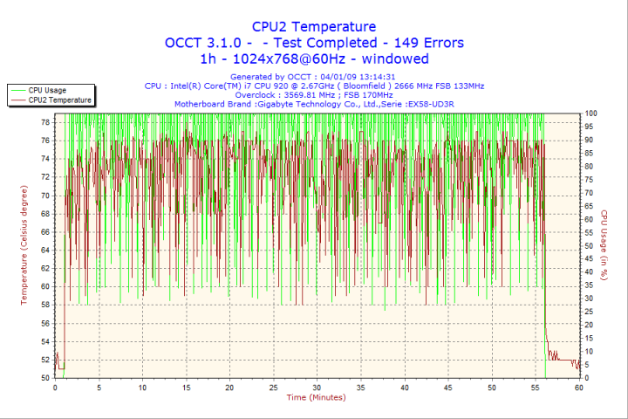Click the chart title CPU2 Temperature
(314, 27)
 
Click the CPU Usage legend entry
(47, 90)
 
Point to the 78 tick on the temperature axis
(44, 122)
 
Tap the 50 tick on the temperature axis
(44, 378)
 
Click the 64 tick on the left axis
(44, 250)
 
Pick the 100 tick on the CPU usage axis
(590, 113)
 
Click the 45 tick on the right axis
(590, 259)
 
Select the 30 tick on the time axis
(317, 388)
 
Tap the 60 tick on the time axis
(579, 388)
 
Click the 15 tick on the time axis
(186, 388)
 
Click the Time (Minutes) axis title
(316, 397)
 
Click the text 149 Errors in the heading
(427, 43)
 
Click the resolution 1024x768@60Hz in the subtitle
(302, 58)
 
